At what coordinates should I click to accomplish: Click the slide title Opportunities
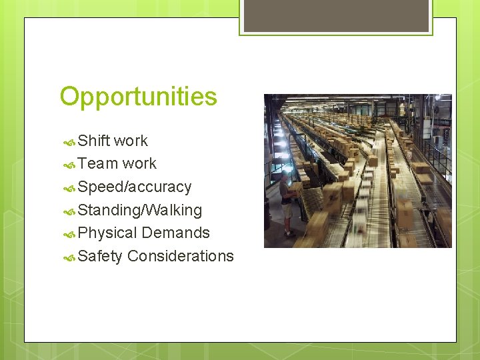point(138,97)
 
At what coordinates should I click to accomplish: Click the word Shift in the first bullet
point(93,141)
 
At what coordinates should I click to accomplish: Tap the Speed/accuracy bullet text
point(134,187)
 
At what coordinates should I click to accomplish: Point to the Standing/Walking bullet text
point(139,210)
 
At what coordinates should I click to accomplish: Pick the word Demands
point(175,233)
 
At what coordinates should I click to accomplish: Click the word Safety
point(100,256)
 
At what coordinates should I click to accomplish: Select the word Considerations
point(180,256)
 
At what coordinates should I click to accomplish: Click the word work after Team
point(139,163)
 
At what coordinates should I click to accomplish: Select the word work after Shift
point(131,141)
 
